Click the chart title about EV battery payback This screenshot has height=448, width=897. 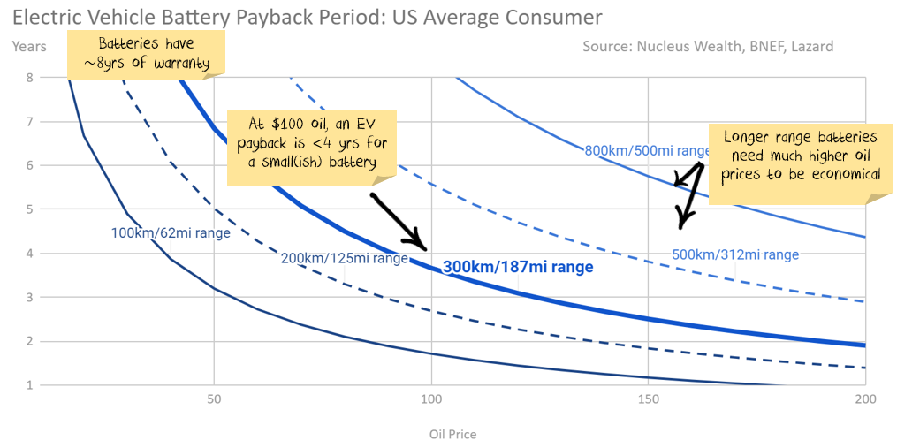pos(308,17)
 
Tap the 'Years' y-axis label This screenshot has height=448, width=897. pos(29,46)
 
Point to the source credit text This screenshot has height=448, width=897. pos(707,46)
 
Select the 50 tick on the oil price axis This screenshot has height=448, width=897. pos(214,399)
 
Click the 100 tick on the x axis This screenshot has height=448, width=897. pos(431,399)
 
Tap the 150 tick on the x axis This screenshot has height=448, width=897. pos(649,399)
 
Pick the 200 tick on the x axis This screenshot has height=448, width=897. pos(865,399)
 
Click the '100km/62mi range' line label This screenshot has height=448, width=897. pos(171,233)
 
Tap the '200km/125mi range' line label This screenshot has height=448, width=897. pos(345,259)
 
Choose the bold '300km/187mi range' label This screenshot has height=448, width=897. pos(518,266)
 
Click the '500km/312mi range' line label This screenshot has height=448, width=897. pos(735,254)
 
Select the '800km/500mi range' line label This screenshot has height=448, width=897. pos(647,150)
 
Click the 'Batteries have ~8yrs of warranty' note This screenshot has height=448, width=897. pos(146,52)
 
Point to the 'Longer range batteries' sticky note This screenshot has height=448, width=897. pos(801,156)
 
